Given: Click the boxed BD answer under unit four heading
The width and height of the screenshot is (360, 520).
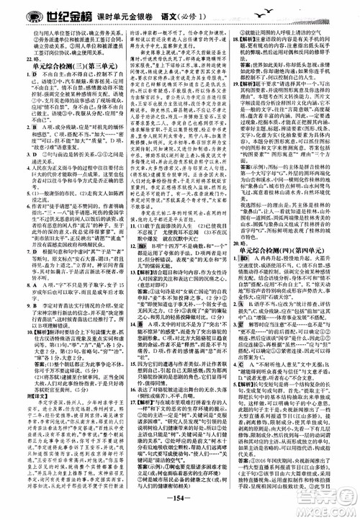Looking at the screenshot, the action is pyautogui.click(x=250, y=277).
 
